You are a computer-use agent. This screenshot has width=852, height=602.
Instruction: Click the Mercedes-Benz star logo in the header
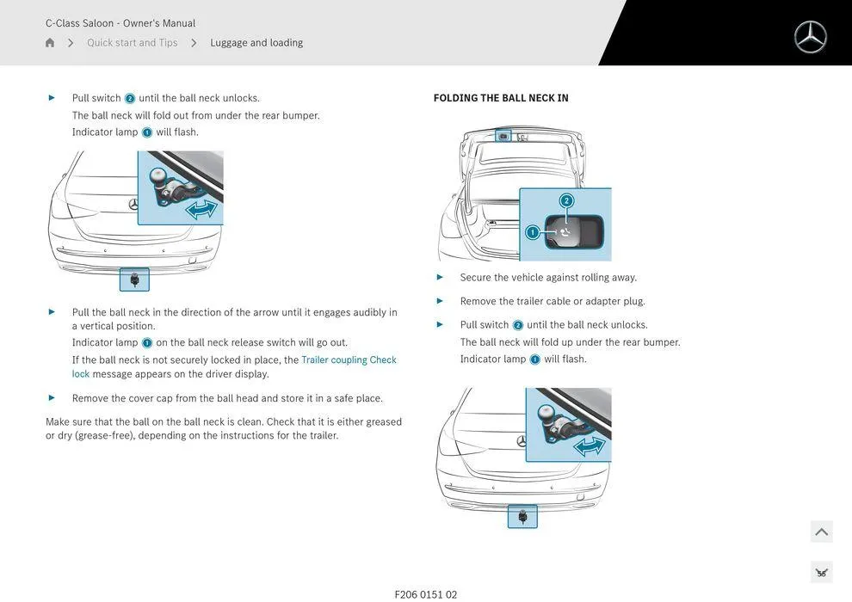pos(810,37)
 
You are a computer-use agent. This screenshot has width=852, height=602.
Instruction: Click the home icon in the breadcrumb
pos(50,43)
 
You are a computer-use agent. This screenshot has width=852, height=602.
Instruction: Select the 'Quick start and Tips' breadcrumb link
pos(132,43)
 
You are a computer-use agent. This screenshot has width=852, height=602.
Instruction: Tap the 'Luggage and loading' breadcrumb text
pos(256,43)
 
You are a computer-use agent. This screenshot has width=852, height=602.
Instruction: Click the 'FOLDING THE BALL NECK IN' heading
pos(501,98)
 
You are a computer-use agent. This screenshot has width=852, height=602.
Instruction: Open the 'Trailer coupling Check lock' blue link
pos(349,360)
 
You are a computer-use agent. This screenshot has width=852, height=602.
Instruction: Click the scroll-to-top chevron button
pos(821,532)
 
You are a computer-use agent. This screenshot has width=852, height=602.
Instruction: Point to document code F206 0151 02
pos(426,594)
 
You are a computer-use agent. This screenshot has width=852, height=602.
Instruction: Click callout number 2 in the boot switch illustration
pos(566,201)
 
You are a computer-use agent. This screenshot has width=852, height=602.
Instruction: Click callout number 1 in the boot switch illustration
pos(532,232)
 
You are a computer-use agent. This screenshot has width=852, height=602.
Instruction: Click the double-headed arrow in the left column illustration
pos(201,209)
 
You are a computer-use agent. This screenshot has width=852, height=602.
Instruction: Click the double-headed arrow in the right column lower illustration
pos(590,445)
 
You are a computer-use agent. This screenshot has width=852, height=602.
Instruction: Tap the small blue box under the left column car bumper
pos(134,279)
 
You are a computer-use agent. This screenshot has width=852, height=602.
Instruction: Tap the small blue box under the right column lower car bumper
pos(522,516)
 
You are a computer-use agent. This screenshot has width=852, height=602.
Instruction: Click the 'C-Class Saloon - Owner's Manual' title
pos(120,23)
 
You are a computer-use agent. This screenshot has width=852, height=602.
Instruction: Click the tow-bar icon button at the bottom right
pos(821,572)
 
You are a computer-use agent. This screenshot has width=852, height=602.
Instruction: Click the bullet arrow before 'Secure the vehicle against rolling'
pos(440,277)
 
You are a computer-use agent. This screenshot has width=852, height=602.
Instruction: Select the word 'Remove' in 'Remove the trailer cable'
pos(478,301)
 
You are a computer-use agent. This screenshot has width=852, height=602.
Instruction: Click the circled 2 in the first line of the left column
pos(130,99)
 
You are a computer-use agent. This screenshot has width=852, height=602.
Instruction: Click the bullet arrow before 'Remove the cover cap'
pos(52,397)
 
